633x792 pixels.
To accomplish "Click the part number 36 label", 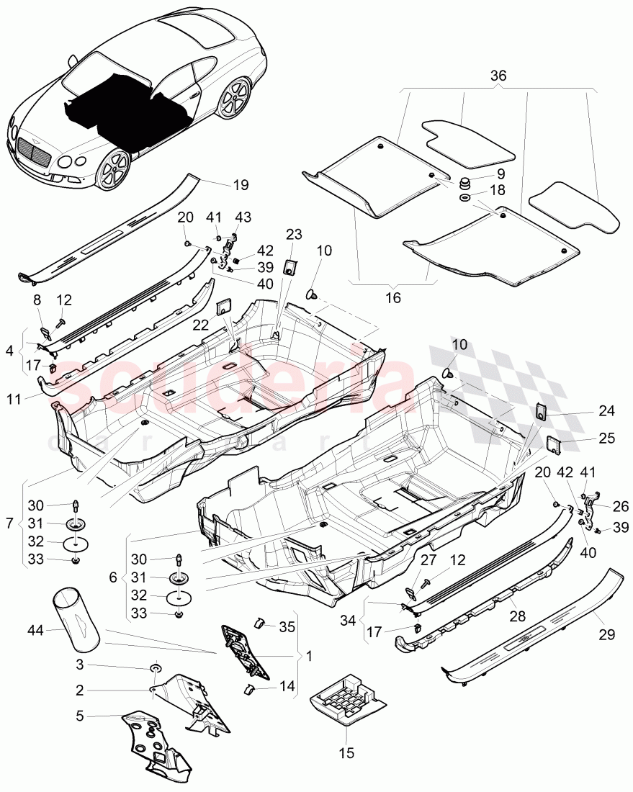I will [x=498, y=76].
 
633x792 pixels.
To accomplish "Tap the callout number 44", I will [x=35, y=631].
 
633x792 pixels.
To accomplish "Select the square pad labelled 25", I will [x=553, y=444].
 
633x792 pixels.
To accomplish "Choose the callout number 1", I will [x=310, y=656].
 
